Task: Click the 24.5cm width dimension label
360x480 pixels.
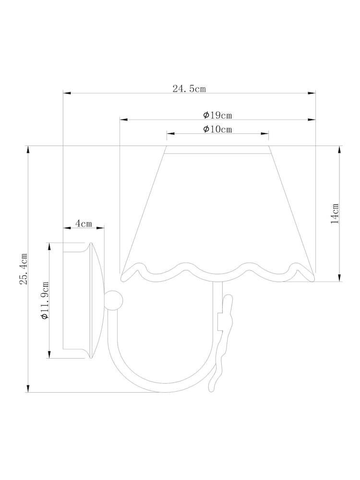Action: click(189, 89)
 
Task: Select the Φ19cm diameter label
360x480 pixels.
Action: click(217, 115)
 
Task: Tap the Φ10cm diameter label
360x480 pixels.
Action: click(217, 129)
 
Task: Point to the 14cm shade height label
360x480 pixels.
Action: click(335, 214)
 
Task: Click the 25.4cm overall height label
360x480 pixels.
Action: click(24, 269)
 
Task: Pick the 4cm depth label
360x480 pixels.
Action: click(84, 224)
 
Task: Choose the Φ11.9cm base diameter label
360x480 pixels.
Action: click(45, 300)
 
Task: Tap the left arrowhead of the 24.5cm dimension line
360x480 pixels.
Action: click(67, 93)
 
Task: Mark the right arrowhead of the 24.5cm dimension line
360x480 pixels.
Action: click(312, 93)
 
